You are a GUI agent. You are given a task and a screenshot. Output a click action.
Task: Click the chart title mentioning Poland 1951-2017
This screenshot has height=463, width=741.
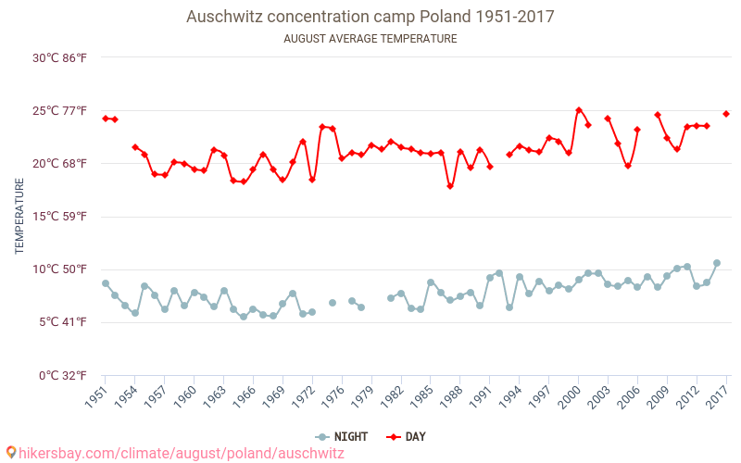(370, 17)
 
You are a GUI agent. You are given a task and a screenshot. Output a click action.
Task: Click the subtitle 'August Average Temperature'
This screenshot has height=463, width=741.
(370, 39)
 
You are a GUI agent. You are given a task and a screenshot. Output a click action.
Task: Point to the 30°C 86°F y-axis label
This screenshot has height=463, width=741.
(60, 57)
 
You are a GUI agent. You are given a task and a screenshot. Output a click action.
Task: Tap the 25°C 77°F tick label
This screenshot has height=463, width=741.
(60, 111)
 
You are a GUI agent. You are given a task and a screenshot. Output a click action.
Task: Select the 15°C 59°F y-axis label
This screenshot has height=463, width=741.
(60, 217)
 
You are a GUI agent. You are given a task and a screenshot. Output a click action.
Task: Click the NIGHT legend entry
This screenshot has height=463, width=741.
(344, 436)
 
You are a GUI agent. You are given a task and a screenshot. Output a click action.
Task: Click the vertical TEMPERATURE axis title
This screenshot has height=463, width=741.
(19, 217)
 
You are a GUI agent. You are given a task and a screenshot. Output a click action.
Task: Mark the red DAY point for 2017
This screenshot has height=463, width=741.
(726, 114)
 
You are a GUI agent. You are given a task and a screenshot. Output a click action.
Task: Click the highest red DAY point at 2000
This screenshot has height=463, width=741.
(579, 110)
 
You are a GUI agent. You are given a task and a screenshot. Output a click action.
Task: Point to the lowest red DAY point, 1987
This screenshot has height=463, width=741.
(450, 186)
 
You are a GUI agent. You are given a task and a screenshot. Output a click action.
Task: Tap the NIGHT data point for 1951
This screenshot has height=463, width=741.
(106, 283)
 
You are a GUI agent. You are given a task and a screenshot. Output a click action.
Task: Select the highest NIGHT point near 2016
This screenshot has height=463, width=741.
(717, 263)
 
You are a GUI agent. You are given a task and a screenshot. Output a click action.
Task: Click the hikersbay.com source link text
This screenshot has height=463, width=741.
(182, 453)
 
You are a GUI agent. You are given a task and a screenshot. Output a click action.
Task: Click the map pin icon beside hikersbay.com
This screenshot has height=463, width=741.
(11, 453)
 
